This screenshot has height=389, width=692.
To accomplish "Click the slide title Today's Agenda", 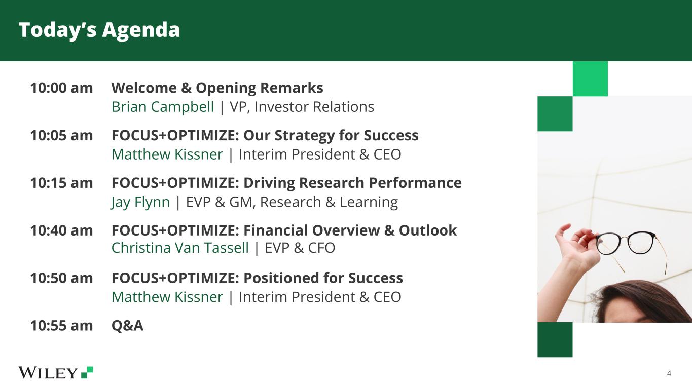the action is coord(99,30).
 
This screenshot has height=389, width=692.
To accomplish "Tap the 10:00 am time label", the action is coord(61,88).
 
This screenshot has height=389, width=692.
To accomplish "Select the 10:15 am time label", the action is coord(61,183).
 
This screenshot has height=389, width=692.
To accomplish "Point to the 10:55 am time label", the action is coord(61,325).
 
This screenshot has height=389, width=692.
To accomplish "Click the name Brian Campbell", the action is coord(163,107).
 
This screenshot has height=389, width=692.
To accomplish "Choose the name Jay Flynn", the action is coord(140,202).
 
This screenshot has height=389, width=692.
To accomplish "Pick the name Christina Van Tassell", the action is coord(180,248).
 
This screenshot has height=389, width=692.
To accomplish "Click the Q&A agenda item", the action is coord(127,325).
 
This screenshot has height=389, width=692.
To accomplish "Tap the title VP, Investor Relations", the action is coord(302,107).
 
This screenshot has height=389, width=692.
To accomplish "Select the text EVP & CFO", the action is coord(300,248).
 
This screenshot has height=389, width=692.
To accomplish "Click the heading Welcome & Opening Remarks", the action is coord(217,88).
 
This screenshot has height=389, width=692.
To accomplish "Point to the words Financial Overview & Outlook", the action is coord(350,230).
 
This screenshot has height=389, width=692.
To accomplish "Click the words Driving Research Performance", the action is coord(352,183).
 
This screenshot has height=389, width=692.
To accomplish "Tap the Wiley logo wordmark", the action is coord(48,373).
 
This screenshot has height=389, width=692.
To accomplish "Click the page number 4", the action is coord(669,374).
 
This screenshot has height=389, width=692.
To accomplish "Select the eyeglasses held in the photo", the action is coord(630,247).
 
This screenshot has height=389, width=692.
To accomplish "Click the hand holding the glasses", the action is coord(574,244).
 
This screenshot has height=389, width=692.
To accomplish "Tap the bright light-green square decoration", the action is coord(590,79).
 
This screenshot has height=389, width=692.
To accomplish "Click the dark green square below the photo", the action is coord(555,339).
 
